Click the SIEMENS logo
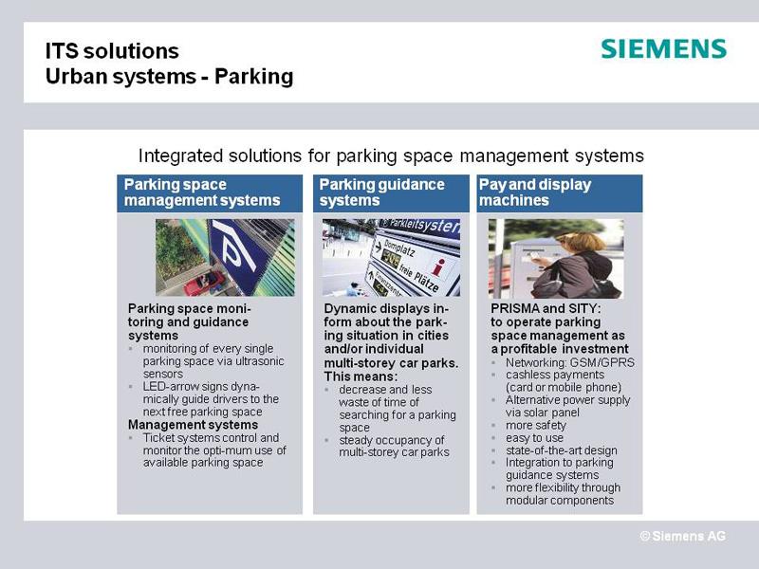tap(663, 49)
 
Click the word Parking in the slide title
tap(253, 77)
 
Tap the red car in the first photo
tap(204, 283)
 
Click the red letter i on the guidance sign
tap(438, 267)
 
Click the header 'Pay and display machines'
tap(535, 193)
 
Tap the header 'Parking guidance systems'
tap(381, 193)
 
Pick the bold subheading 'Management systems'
tap(193, 425)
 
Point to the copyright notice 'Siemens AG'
tap(683, 536)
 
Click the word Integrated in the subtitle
tap(180, 156)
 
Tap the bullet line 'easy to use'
tap(534, 438)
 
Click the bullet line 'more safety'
tap(536, 425)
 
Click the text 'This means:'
tap(361, 376)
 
